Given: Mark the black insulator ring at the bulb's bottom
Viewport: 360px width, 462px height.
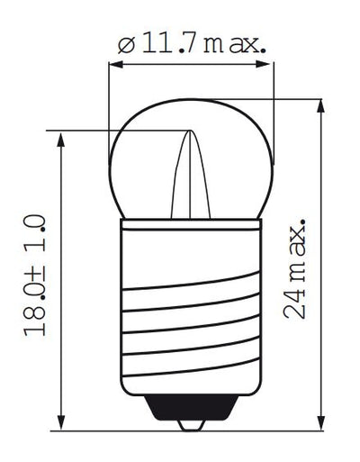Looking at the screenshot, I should click(188, 410).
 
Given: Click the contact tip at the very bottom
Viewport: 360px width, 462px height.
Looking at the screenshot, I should click(188, 424).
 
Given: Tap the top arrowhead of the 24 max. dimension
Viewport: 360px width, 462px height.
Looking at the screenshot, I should click(321, 105).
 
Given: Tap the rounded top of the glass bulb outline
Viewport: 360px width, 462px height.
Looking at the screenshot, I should click(188, 99).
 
